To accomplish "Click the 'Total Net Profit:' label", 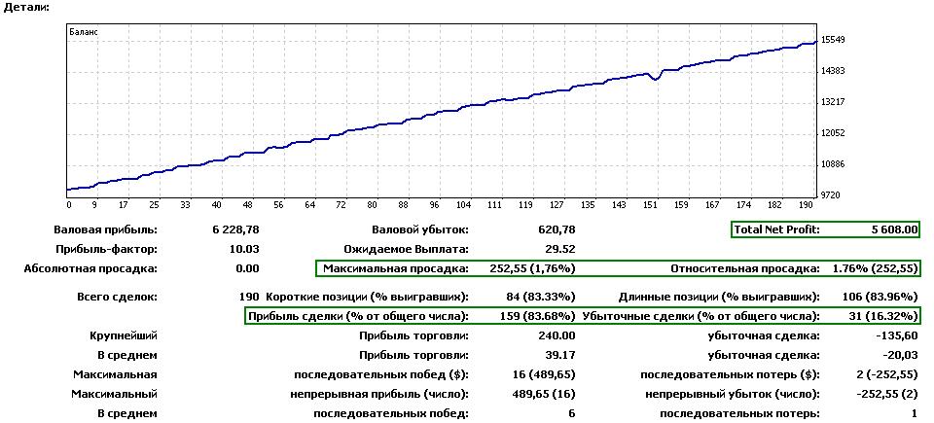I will click(x=777, y=229).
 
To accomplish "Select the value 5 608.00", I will click(x=894, y=229).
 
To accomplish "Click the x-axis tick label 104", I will click(x=464, y=205).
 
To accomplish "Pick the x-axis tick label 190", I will click(x=806, y=205).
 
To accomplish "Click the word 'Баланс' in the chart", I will click(x=84, y=32).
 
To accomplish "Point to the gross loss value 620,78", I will click(x=555, y=229).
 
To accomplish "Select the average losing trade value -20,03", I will click(x=899, y=355).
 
